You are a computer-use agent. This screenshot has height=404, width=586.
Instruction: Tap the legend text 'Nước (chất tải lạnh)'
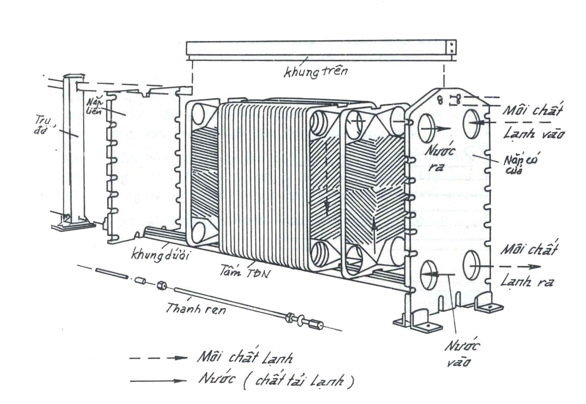point(275,381)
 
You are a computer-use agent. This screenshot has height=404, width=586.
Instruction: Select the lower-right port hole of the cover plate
point(473,265)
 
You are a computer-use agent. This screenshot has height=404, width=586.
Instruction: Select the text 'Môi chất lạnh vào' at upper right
point(533,122)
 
